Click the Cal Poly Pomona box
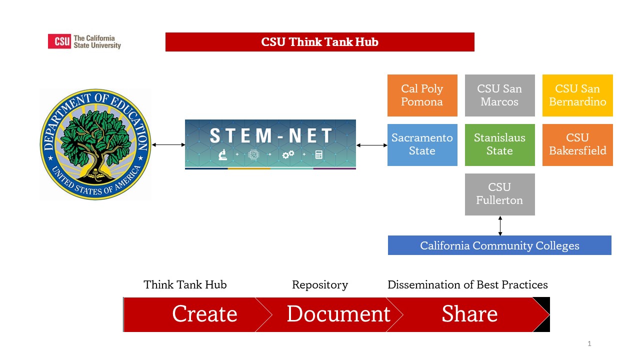coord(422,95)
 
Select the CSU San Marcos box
coord(499,95)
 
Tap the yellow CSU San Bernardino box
coord(577,95)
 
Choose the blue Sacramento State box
coord(422,145)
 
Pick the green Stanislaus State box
coord(499,145)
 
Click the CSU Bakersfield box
coord(577,145)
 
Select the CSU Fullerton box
coord(499,194)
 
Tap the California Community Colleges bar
coord(499,245)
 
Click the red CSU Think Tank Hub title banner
coord(319,42)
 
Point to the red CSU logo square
coord(59,41)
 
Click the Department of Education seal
coord(95,144)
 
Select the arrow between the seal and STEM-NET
coord(168,145)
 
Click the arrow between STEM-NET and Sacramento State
coord(371,145)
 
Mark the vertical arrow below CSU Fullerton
coord(500,225)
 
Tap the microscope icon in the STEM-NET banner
coord(222,154)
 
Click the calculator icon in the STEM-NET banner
coord(319,154)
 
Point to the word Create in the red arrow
coord(204,313)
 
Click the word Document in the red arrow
coord(338,313)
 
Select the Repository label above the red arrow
coord(320,285)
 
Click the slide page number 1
coord(589,343)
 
